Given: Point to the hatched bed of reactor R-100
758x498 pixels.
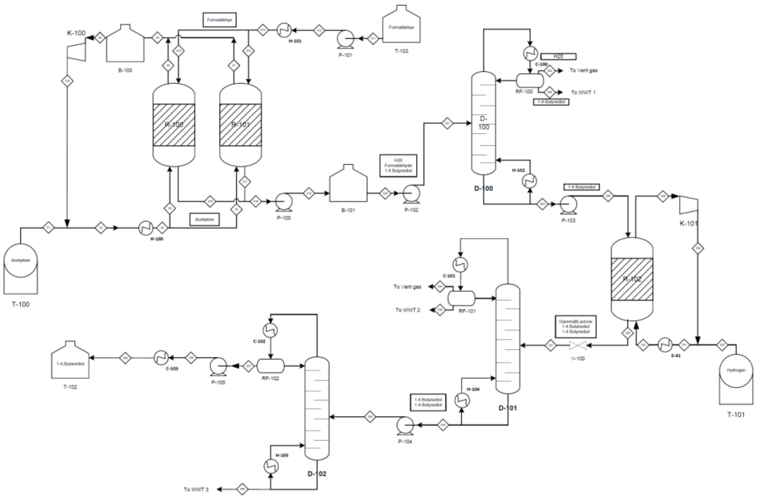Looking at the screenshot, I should pos(174,125).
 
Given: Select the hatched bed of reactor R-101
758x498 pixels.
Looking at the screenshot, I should pos(240,125).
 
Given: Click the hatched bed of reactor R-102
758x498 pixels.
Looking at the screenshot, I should pos(632,279).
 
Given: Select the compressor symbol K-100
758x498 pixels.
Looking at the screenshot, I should pos(76,49).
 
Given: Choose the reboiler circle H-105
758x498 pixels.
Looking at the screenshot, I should pos(271,466).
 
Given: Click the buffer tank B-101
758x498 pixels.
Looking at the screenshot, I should pos(348,186).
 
